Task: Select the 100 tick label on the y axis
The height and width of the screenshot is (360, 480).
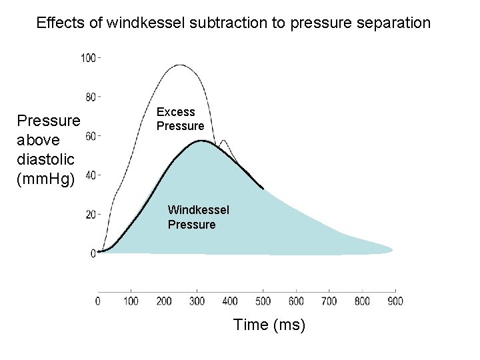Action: [x=88, y=58]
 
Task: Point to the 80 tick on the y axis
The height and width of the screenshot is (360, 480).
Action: [x=91, y=97]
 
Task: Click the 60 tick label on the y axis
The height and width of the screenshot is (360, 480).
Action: [x=91, y=137]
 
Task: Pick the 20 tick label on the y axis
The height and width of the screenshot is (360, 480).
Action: [x=91, y=215]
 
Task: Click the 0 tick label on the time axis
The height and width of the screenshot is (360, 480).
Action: [x=99, y=301]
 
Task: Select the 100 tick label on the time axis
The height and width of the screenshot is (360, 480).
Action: [x=131, y=301]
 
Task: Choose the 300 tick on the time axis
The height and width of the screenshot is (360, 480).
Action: [x=197, y=301]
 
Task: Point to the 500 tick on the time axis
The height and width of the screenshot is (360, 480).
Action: [x=263, y=301]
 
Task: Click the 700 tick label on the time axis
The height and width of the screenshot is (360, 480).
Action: [x=329, y=301]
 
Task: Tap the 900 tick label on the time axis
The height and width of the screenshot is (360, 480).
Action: [x=395, y=301]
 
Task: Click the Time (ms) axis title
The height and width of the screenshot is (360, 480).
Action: [x=269, y=325]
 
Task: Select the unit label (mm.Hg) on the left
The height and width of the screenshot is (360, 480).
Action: [x=48, y=179]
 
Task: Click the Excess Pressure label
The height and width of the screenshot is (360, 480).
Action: [x=180, y=119]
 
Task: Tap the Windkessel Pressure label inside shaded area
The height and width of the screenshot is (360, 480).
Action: [x=198, y=217]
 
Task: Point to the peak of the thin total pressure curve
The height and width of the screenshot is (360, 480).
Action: [x=179, y=65]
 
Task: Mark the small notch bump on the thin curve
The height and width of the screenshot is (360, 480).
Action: [x=224, y=141]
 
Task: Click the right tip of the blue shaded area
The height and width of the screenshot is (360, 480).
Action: [x=391, y=251]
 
